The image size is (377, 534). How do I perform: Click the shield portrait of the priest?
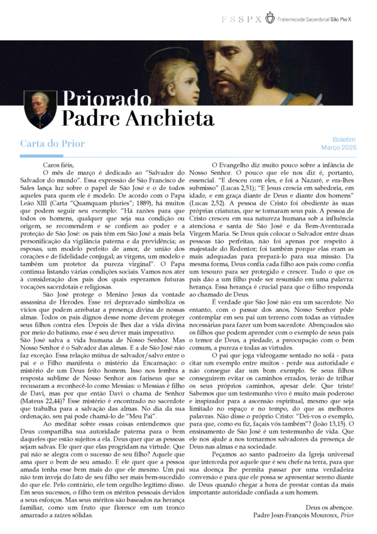[40, 108]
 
